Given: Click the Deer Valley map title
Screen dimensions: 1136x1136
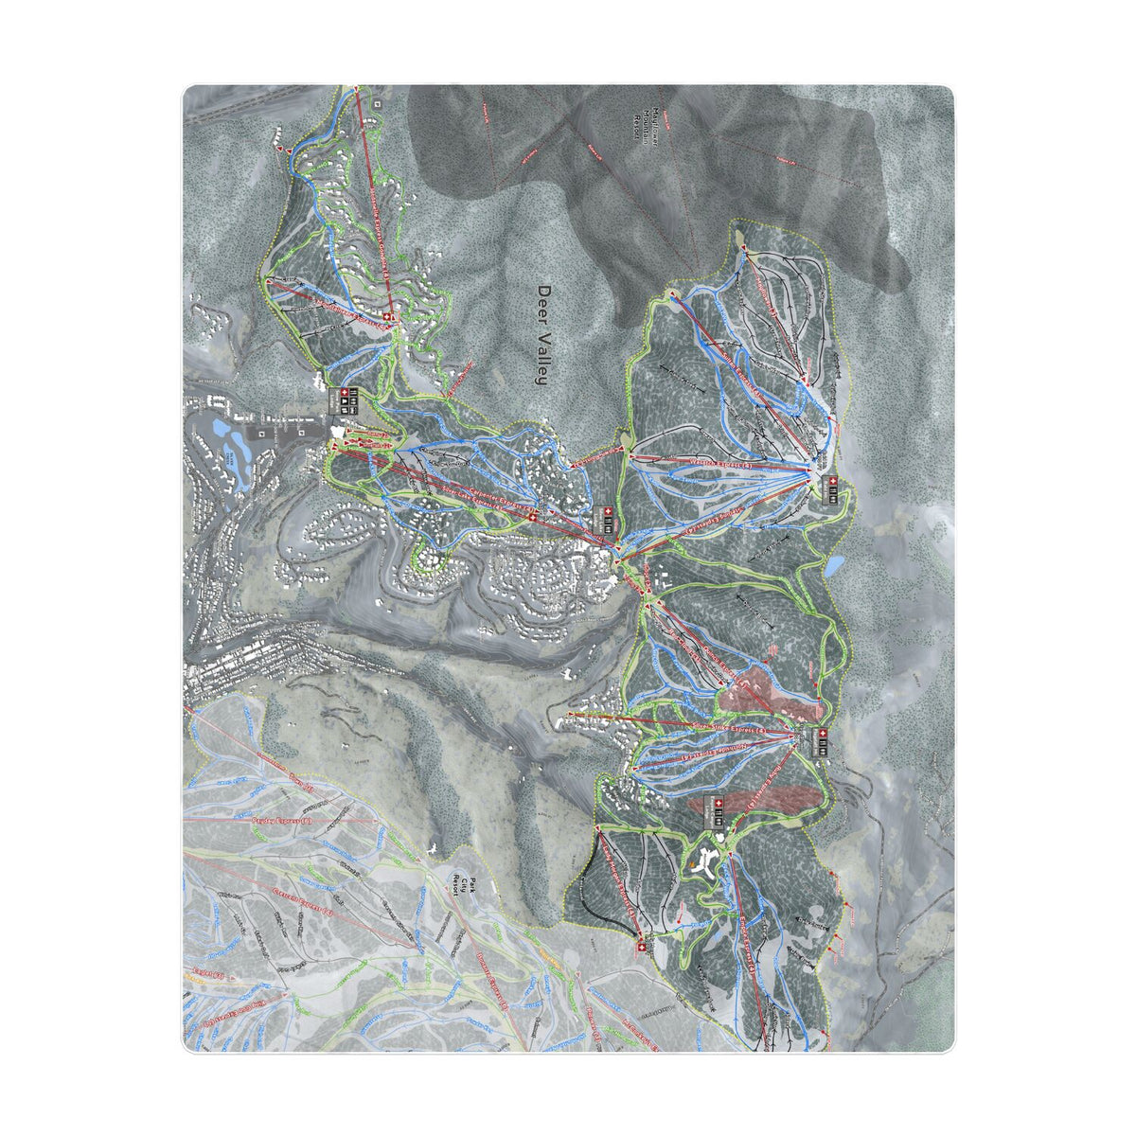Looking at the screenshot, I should point(542,335).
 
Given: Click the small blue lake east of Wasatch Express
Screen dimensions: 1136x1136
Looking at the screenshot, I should point(834,566).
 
